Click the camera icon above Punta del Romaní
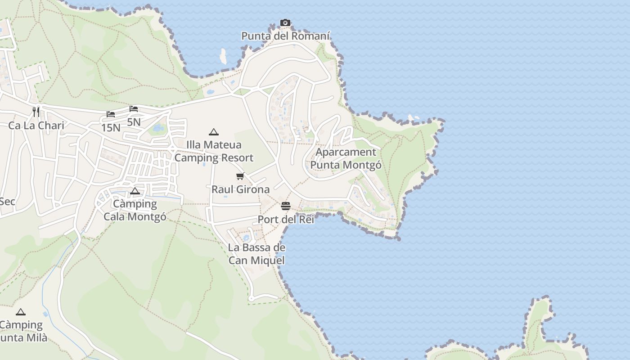click(x=285, y=23)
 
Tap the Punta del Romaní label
click(x=286, y=36)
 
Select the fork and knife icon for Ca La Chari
click(x=36, y=112)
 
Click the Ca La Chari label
click(x=36, y=126)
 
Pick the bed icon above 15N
click(x=111, y=114)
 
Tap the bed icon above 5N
click(x=134, y=109)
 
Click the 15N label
click(x=111, y=128)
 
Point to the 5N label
click(x=134, y=122)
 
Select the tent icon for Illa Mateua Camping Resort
click(x=214, y=132)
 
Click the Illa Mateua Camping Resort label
click(x=214, y=151)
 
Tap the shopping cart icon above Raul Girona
click(x=240, y=176)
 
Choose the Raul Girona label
click(x=241, y=189)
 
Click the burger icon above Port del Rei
click(x=286, y=206)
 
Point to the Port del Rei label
click(x=286, y=220)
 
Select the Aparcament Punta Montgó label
click(x=346, y=158)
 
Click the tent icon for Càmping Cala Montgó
click(x=135, y=191)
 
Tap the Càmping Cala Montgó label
click(x=135, y=210)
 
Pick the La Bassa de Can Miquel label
click(x=256, y=254)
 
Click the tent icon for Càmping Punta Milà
click(x=20, y=312)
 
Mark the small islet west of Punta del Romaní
click(x=223, y=56)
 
